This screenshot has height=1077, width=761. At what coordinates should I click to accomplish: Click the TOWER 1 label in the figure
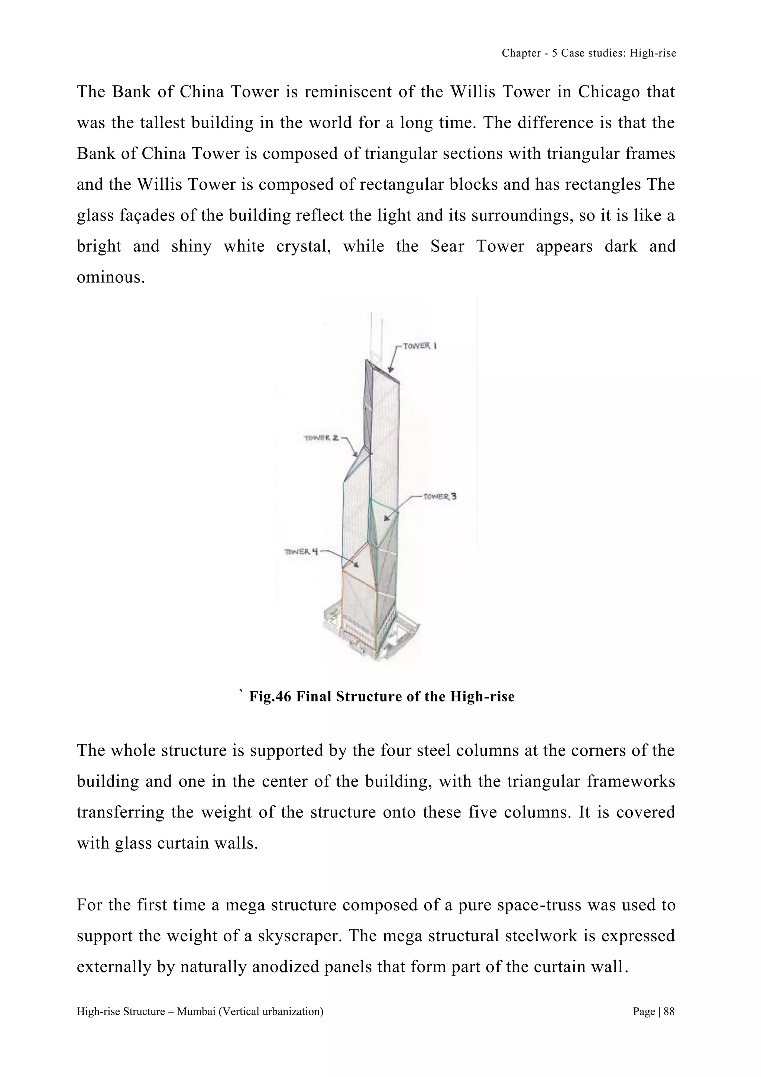[x=420, y=346]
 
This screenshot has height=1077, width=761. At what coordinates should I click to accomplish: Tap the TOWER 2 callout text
[x=321, y=438]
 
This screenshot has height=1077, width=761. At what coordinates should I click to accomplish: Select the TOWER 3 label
[x=440, y=496]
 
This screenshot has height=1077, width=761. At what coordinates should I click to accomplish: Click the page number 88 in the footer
[x=669, y=1011]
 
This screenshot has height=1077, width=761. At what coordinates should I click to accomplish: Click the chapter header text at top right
[x=589, y=53]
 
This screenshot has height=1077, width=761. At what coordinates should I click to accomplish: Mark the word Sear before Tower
[x=447, y=246]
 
